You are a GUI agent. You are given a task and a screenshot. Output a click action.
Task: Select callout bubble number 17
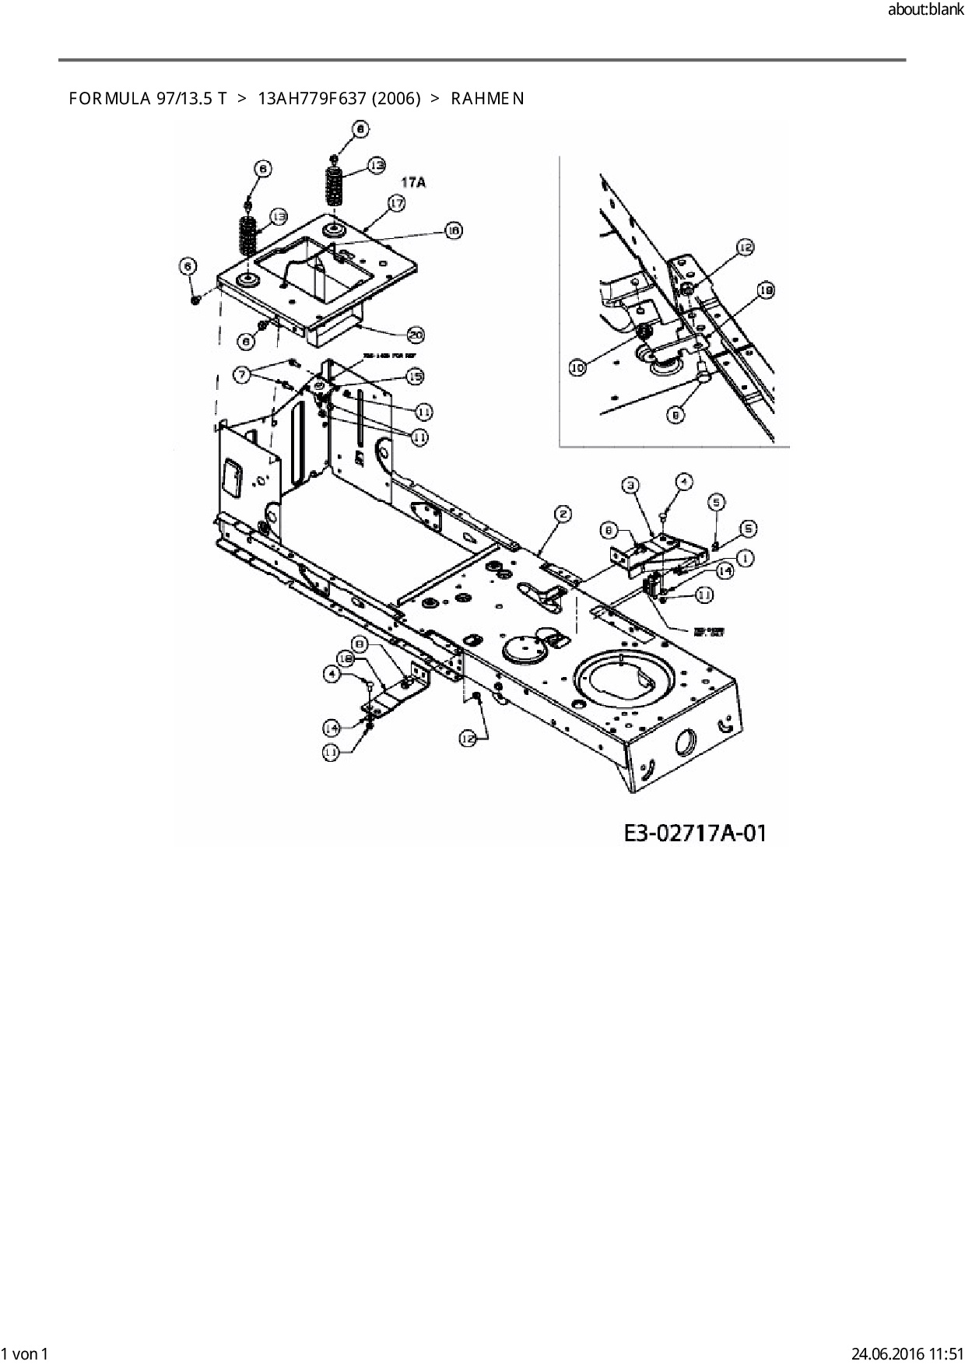click(x=396, y=203)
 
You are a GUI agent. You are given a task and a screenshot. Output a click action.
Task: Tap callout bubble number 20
click(x=416, y=335)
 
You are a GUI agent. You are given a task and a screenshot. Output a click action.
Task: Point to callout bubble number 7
click(x=244, y=375)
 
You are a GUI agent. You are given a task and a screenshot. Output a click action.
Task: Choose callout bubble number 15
click(x=415, y=377)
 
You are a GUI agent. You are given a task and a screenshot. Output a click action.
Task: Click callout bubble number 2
click(x=563, y=514)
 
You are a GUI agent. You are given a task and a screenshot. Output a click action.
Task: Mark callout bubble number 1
click(x=745, y=557)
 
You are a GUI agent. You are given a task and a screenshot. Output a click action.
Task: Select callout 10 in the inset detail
click(x=577, y=367)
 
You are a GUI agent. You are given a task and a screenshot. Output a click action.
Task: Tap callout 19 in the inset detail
click(x=766, y=291)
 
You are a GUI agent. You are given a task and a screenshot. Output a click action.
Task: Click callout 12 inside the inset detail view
click(x=744, y=247)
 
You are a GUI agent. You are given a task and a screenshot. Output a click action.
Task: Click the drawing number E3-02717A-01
click(x=695, y=833)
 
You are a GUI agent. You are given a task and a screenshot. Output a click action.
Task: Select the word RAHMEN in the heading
click(x=487, y=98)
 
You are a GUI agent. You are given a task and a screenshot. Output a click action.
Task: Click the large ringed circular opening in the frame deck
click(x=622, y=679)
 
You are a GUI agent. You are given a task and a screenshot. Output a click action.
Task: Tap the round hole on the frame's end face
click(x=686, y=742)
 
